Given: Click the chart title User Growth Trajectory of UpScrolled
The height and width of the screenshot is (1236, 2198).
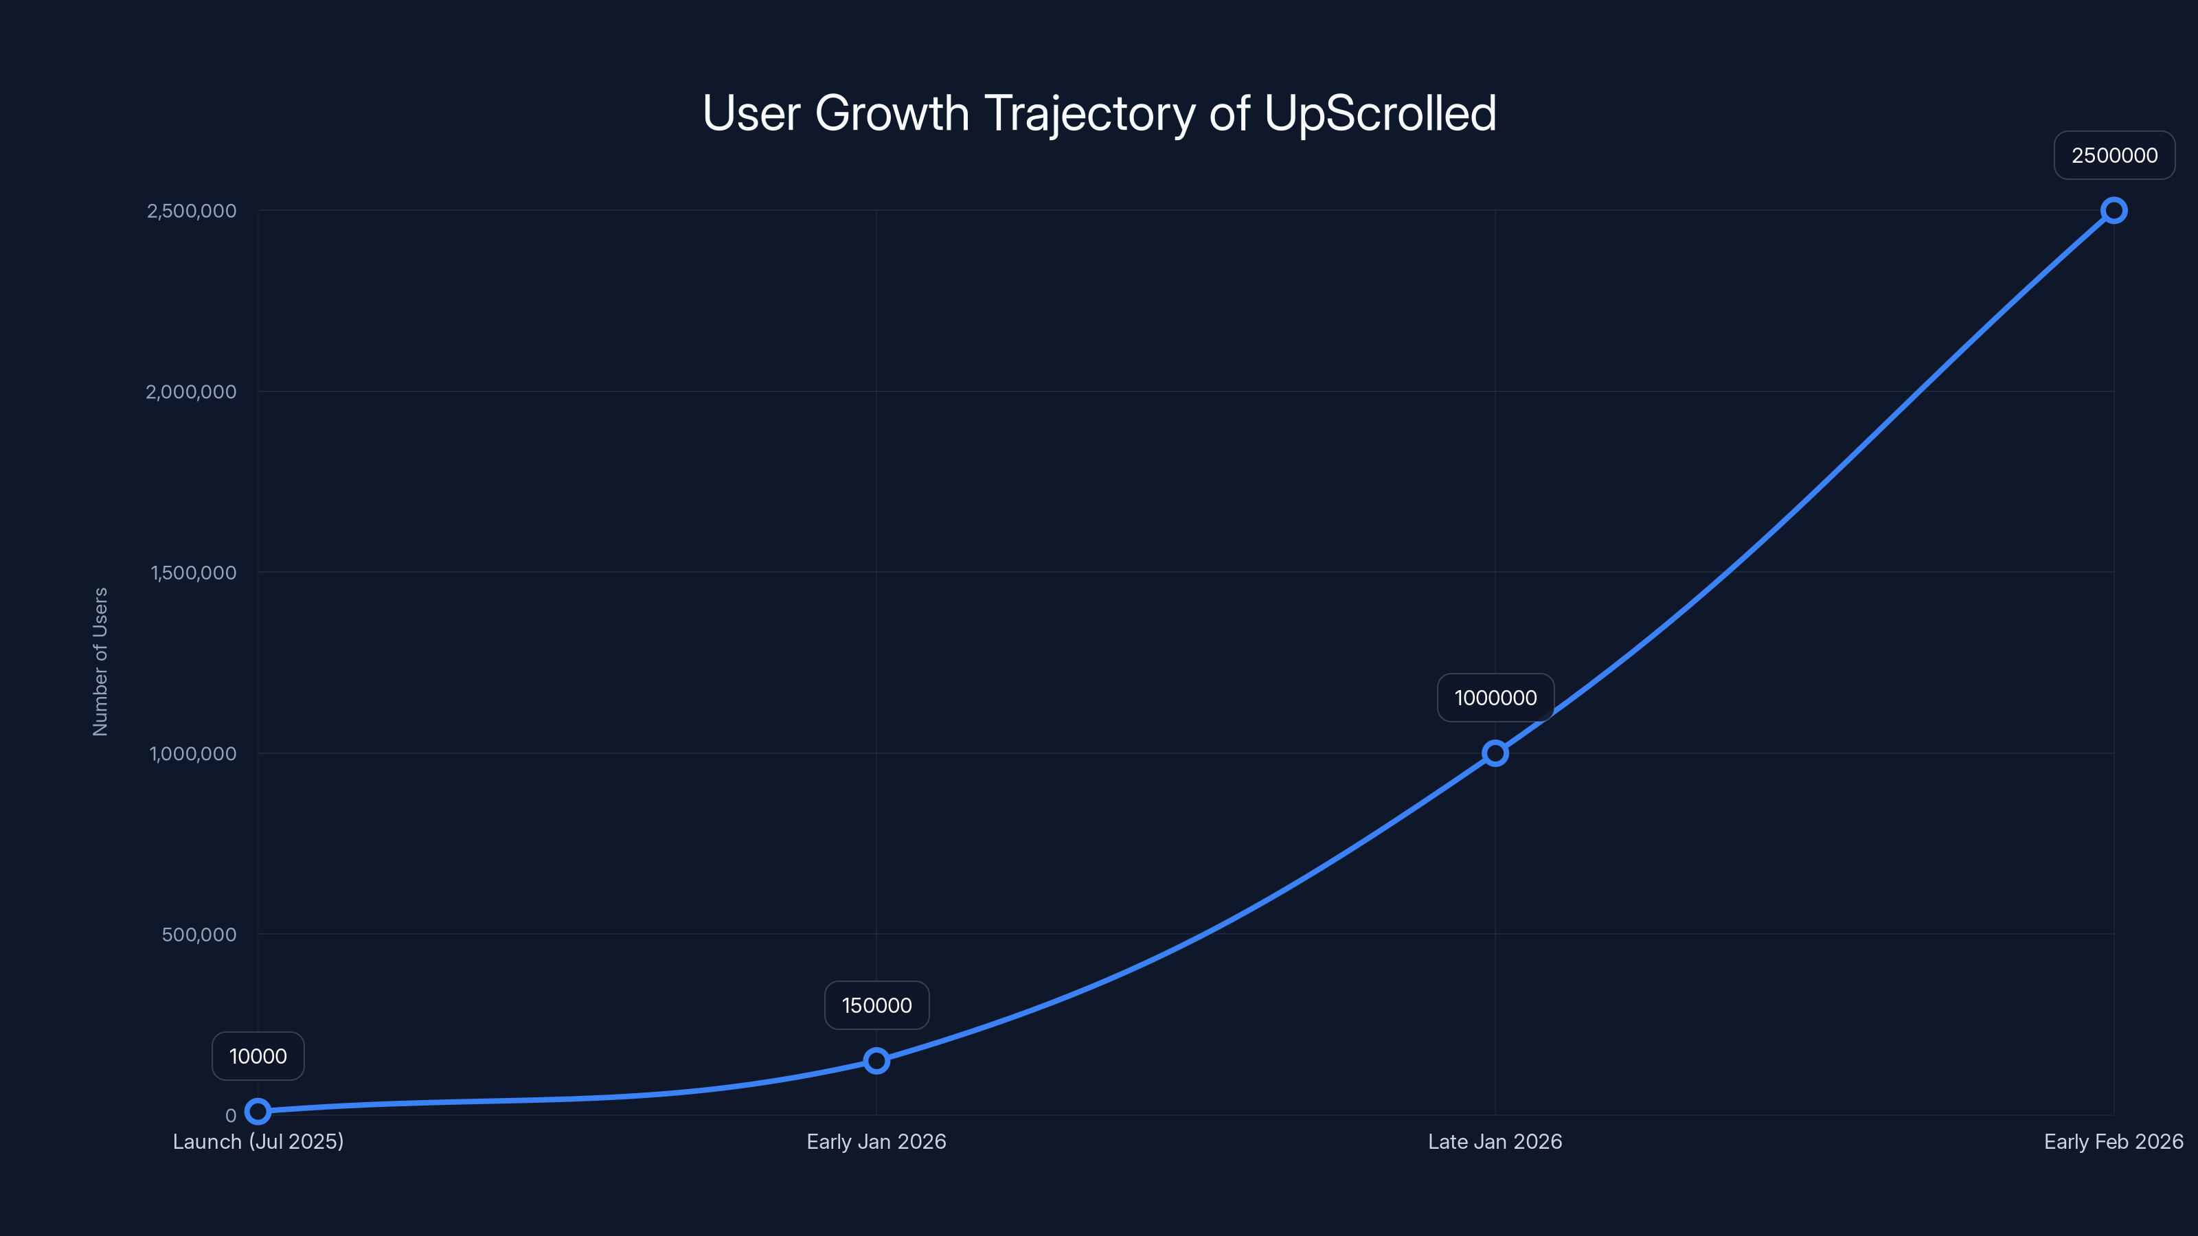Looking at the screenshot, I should [x=1099, y=113].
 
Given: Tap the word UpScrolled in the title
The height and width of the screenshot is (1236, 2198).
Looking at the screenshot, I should [x=1380, y=113].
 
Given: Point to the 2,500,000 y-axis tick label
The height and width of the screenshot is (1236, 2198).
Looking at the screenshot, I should [x=191, y=211].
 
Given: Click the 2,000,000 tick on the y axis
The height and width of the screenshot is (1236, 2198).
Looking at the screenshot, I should [x=191, y=391].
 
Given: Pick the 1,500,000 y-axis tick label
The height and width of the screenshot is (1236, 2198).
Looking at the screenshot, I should [x=193, y=573].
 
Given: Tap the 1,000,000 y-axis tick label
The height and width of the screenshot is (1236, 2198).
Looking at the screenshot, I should [x=193, y=753].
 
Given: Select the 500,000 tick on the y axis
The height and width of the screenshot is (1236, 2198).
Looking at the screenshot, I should [x=199, y=934].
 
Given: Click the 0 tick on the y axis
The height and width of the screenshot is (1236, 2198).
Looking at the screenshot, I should [x=230, y=1116].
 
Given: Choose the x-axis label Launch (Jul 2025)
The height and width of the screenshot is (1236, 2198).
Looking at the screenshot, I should [x=258, y=1141].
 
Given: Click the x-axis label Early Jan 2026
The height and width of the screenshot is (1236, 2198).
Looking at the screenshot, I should [x=876, y=1141].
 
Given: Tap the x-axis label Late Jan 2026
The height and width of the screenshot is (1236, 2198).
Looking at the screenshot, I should [x=1495, y=1141].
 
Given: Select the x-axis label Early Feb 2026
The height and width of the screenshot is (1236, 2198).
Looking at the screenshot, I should [x=2113, y=1141].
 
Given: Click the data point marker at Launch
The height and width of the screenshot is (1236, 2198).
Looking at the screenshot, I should [x=258, y=1110].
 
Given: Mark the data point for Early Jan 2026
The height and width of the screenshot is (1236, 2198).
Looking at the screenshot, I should [x=876, y=1060].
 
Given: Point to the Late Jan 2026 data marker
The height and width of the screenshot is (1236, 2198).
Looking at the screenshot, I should [x=1495, y=753].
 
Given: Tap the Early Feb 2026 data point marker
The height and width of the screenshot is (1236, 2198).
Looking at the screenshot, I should [x=2114, y=211].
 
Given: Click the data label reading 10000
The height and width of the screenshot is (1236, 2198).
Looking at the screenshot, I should [x=258, y=1056].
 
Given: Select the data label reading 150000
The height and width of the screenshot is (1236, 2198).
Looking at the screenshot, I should [x=876, y=1005].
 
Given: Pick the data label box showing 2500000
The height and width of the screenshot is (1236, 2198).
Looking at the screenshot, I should [x=2114, y=155].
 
